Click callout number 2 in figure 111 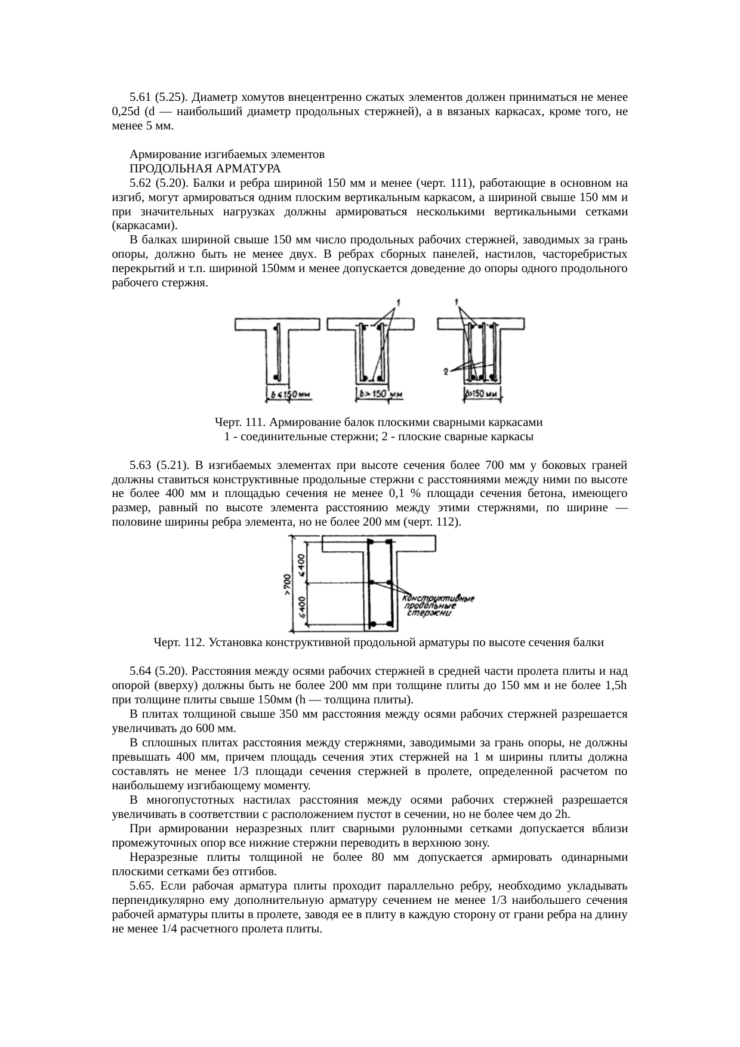[x=446, y=371]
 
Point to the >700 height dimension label [x=287, y=584]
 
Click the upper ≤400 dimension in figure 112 [x=302, y=566]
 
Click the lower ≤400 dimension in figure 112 [x=302, y=607]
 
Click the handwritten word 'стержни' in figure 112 [x=433, y=613]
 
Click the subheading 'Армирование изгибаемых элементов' [x=227, y=154]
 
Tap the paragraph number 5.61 [x=140, y=97]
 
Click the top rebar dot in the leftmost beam [x=276, y=328]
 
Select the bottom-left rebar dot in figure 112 [x=371, y=624]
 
